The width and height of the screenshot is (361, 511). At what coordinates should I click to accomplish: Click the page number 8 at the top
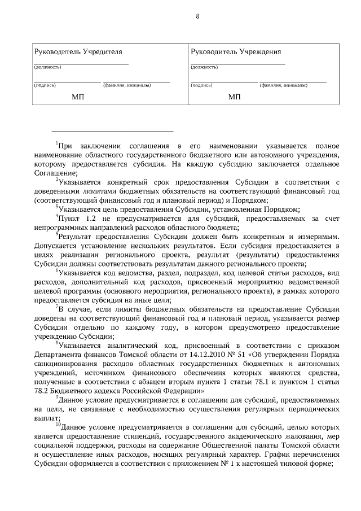coord(197,16)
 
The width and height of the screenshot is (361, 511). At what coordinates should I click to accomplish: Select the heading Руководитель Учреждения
coord(235,52)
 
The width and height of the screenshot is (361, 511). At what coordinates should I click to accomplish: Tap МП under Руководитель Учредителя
coord(78,97)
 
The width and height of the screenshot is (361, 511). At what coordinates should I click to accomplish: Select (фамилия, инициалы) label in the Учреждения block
coord(283,86)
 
